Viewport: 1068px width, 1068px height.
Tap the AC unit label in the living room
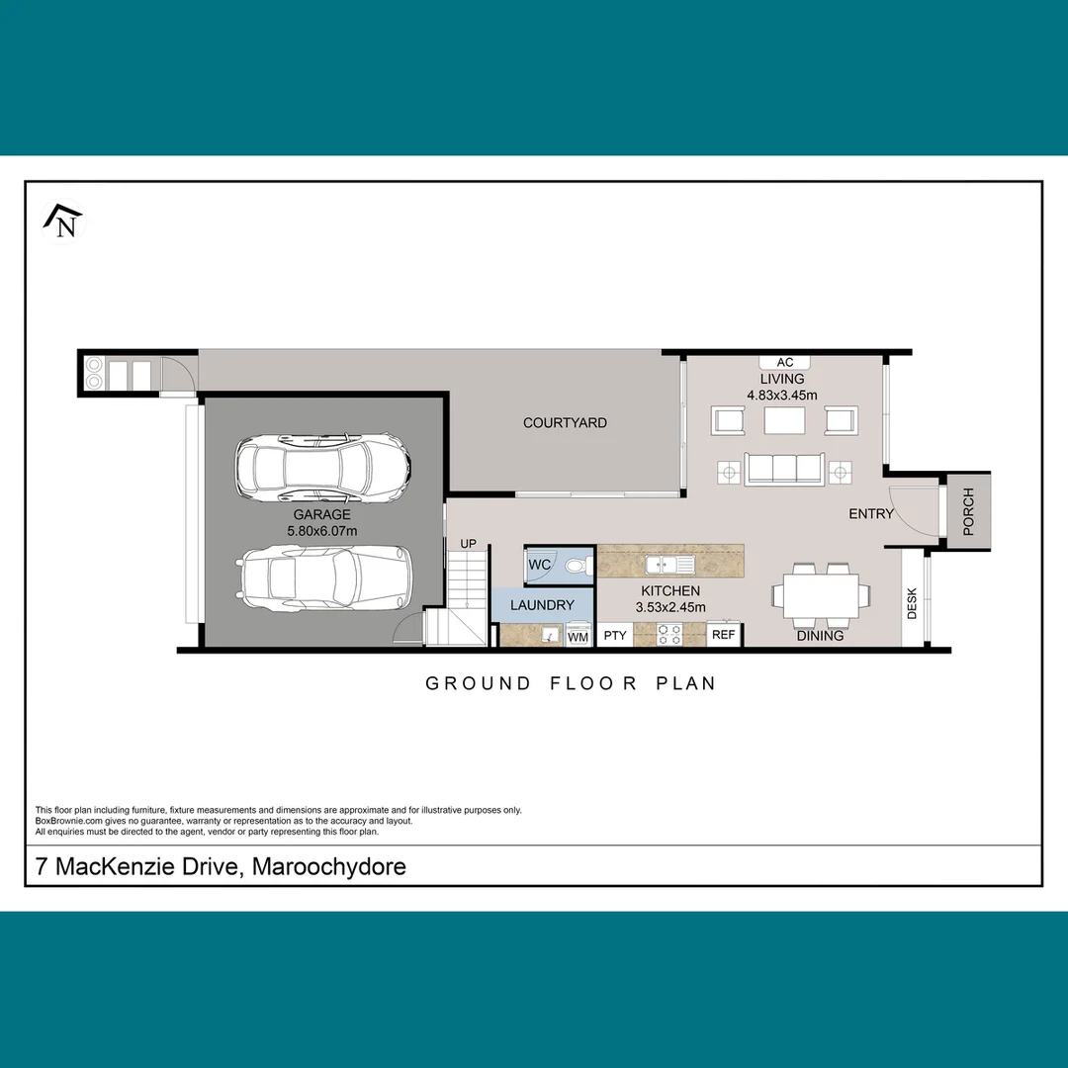click(785, 363)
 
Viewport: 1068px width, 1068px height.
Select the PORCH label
click(968, 511)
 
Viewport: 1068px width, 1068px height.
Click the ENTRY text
click(870, 514)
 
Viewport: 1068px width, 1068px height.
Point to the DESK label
click(912, 603)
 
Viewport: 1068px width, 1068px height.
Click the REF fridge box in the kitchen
click(724, 635)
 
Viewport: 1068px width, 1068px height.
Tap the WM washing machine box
click(578, 638)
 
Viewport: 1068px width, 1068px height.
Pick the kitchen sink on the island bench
click(670, 565)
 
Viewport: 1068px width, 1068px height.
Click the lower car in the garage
click(322, 579)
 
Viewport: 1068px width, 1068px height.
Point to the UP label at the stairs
click(469, 544)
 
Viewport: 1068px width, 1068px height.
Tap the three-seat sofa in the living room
click(784, 469)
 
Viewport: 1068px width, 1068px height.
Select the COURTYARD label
click(565, 422)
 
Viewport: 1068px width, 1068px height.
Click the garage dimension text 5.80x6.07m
click(321, 531)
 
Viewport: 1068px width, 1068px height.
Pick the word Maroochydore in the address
click(329, 867)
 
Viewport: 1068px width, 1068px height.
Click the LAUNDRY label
click(542, 604)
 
